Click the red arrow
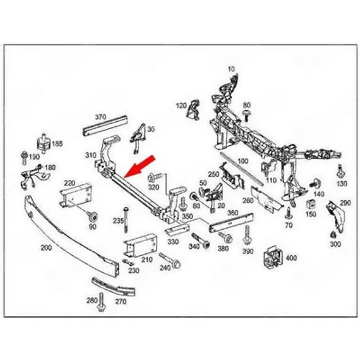pos(139,167)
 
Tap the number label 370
pos(101,117)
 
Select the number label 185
pos(57,144)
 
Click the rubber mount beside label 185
pos(43,143)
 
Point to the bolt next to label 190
pos(24,157)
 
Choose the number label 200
pos(46,248)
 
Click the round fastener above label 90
pos(93,216)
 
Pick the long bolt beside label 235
pos(126,219)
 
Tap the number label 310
pos(91,155)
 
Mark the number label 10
pos(232,69)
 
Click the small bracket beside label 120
pos(193,110)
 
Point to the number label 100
pos(243,161)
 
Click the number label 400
pos(291,258)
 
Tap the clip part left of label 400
pos(274,257)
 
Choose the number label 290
pos(346,203)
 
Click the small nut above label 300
pos(333,234)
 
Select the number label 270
pos(121,301)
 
